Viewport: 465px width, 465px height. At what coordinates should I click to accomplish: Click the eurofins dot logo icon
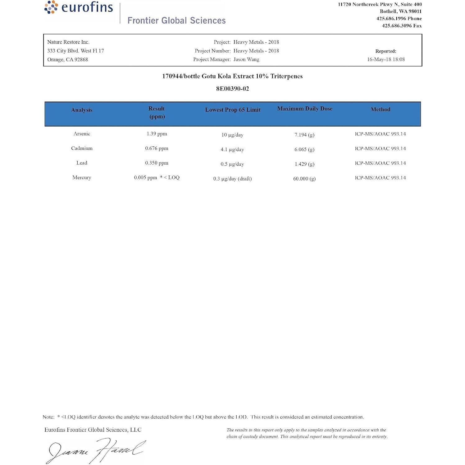click(51, 7)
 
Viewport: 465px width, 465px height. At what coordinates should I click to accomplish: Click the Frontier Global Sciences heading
click(176, 21)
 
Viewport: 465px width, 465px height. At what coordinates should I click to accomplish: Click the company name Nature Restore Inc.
click(68, 42)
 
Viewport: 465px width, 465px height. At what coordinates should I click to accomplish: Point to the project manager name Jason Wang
click(246, 59)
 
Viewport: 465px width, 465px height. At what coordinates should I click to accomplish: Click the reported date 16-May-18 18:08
click(386, 59)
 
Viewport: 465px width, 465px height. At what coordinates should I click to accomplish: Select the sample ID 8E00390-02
click(232, 89)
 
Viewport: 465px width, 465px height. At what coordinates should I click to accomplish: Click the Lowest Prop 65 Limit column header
click(233, 110)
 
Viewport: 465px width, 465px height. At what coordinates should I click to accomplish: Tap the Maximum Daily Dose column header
click(305, 109)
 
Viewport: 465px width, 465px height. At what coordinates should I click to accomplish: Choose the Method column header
click(380, 109)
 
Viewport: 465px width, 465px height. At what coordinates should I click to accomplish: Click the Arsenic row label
click(82, 134)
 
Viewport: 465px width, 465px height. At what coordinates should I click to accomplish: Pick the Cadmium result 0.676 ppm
click(157, 148)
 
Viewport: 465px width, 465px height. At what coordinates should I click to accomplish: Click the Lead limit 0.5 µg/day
click(232, 164)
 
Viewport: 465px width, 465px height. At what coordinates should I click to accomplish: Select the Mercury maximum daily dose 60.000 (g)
click(304, 179)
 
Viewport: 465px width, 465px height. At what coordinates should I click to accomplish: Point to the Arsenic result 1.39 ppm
click(157, 134)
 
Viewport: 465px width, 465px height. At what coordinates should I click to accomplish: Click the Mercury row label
click(82, 177)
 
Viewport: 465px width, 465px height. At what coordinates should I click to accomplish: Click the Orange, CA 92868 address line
click(68, 59)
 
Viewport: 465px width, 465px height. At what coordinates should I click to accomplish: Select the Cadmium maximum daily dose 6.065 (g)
click(304, 149)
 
